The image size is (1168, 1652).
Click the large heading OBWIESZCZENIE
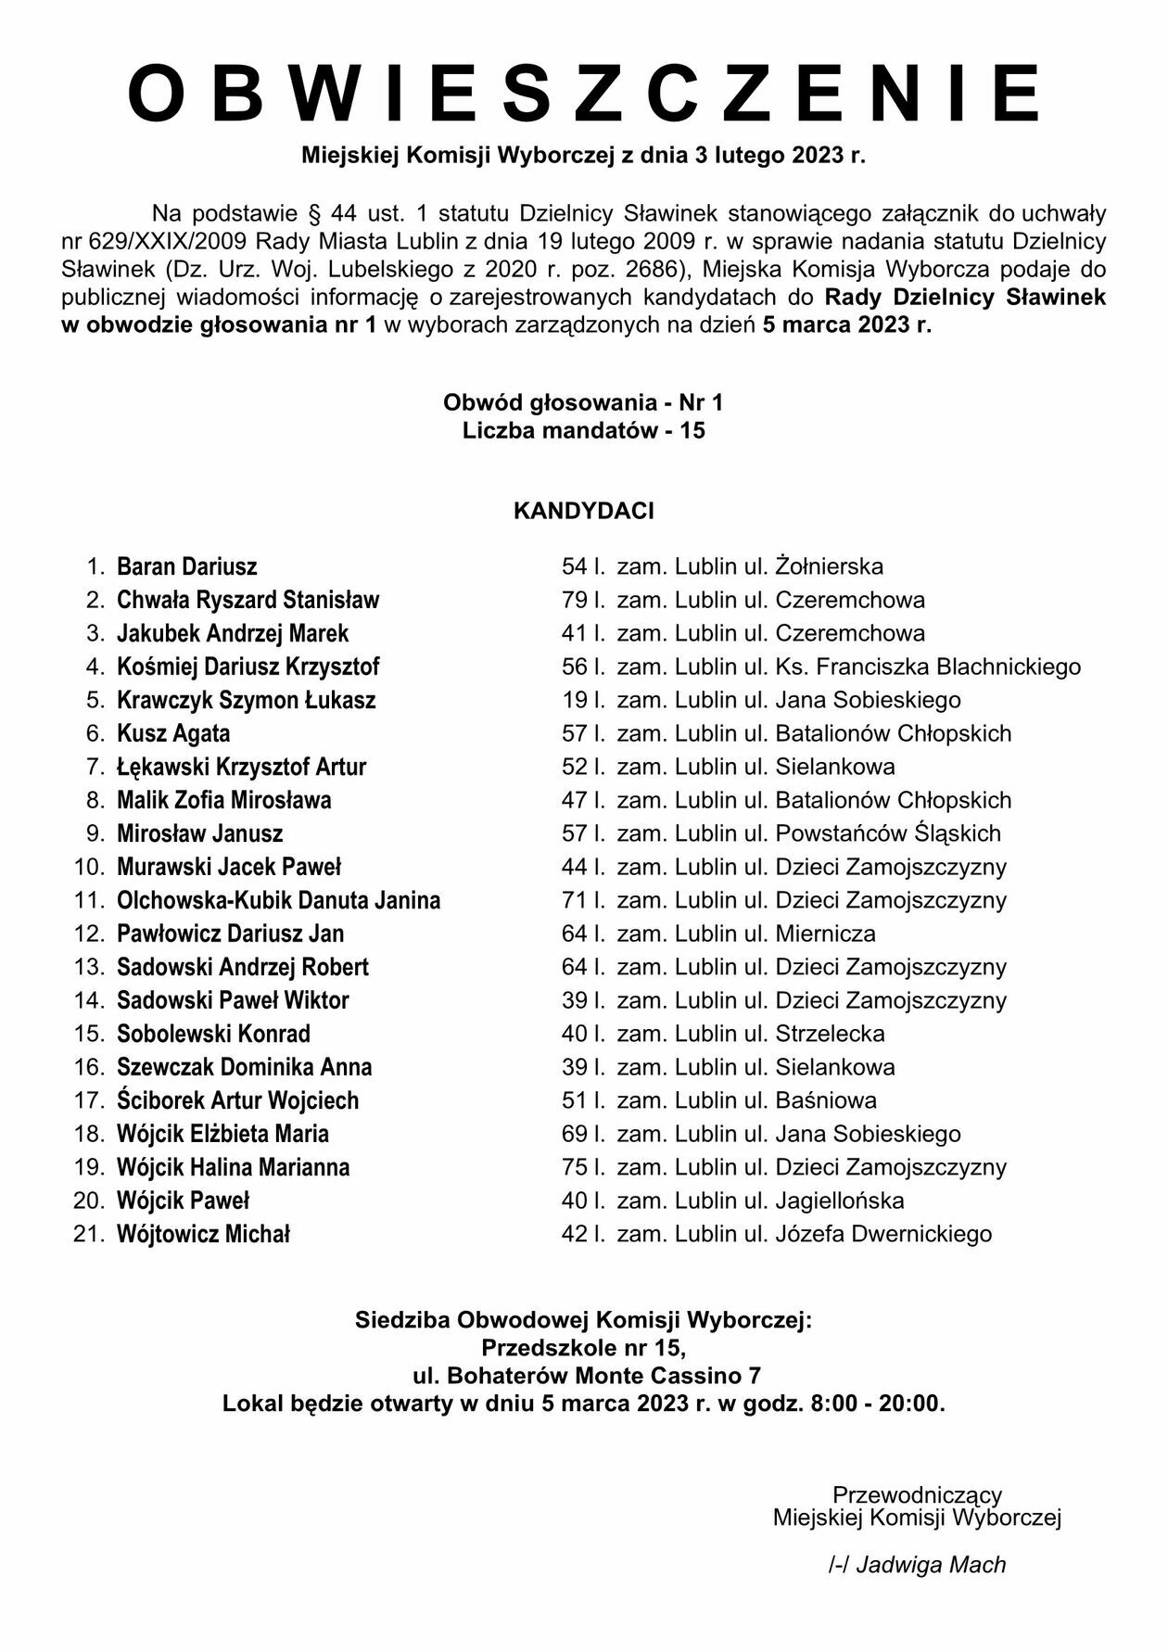click(x=584, y=94)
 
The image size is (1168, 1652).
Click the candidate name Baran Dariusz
click(x=186, y=566)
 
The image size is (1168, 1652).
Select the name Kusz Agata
click(x=173, y=733)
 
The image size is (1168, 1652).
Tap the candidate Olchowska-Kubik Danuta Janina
click(x=278, y=900)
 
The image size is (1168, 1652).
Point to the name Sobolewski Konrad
click(x=213, y=1034)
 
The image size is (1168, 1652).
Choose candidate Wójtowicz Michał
click(x=203, y=1234)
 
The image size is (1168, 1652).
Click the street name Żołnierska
click(x=829, y=566)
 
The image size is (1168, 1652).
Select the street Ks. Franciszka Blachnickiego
click(x=928, y=667)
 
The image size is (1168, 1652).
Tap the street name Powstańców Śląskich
click(x=888, y=833)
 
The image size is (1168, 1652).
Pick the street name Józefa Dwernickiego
click(x=883, y=1234)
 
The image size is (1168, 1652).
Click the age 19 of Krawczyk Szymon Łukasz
click(x=574, y=700)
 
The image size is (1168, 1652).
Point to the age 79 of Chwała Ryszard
click(x=574, y=600)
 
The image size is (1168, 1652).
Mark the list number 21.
click(x=89, y=1234)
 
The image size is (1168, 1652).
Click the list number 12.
click(x=89, y=934)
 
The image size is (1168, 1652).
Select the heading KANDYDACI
click(x=583, y=511)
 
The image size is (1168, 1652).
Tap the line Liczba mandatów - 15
click(x=583, y=431)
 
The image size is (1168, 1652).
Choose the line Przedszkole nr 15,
click(x=583, y=1347)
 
